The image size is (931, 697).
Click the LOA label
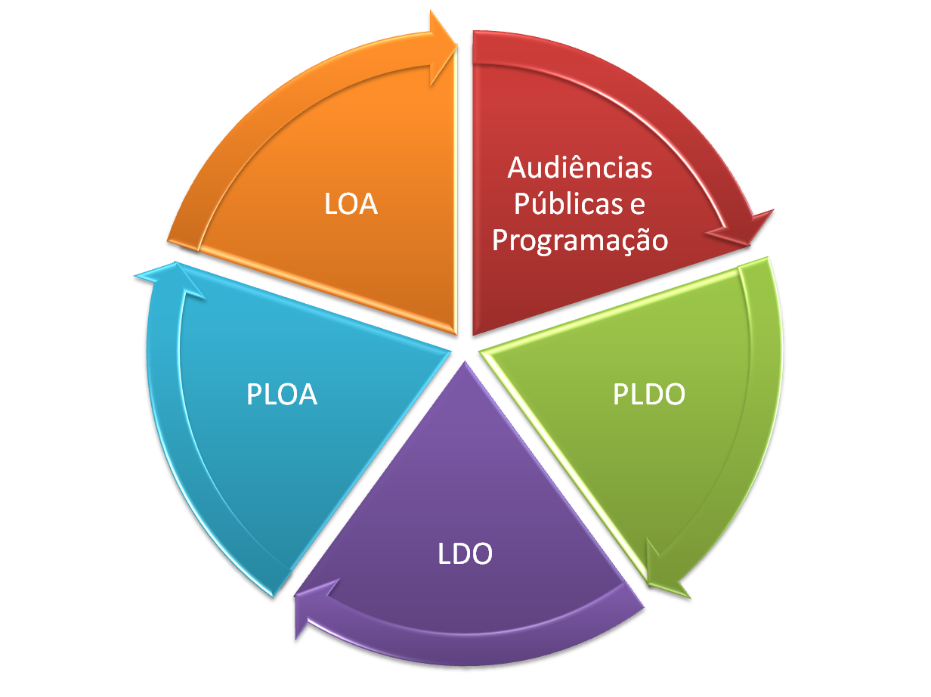[351, 204]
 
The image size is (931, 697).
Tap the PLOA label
[281, 395]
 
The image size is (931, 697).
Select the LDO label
[465, 554]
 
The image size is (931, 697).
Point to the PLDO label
[648, 395]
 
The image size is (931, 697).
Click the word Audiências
[580, 167]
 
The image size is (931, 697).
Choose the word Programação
[580, 240]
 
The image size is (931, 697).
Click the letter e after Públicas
[636, 205]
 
